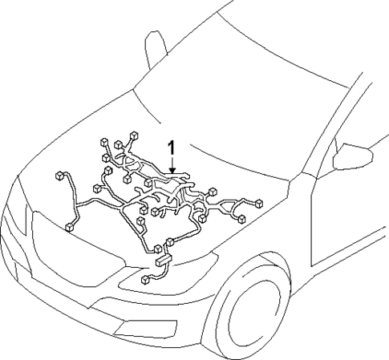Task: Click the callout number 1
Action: (x=170, y=147)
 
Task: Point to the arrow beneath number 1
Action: (x=170, y=164)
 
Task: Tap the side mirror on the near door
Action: (x=351, y=157)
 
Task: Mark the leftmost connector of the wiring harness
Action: (x=59, y=174)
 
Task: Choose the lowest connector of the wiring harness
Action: (x=144, y=280)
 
